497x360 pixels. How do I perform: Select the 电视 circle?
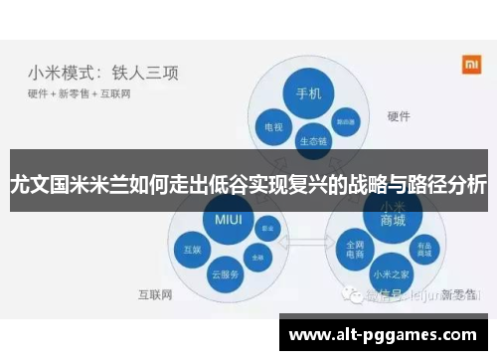273,127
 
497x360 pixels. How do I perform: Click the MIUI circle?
228,218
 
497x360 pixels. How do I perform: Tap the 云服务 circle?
228,273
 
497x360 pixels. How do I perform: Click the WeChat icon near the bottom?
350,294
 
